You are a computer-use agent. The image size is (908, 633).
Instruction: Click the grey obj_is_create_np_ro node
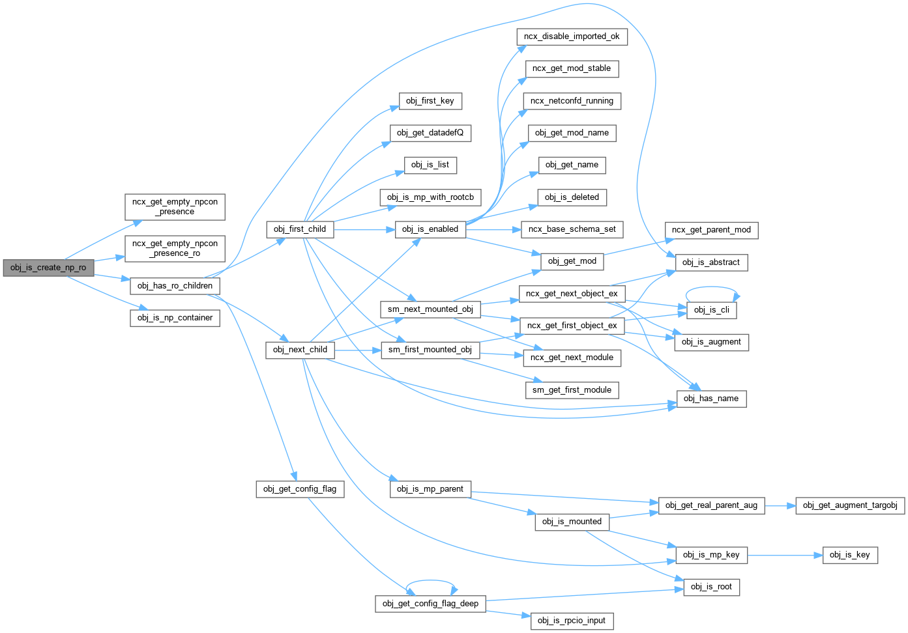point(48,268)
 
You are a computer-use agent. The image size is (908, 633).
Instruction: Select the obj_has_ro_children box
point(175,286)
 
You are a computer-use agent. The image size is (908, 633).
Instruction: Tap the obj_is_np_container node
point(175,318)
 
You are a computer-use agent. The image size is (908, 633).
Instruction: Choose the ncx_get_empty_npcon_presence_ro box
point(175,248)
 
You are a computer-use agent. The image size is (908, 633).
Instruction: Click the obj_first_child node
point(300,229)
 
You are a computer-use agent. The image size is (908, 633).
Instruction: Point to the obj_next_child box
point(300,350)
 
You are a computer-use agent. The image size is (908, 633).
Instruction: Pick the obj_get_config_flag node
point(300,489)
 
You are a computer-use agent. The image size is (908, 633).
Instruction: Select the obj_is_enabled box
point(430,229)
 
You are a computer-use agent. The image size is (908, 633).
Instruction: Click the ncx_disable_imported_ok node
point(572,36)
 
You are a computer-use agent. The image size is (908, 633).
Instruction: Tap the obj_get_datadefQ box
point(430,133)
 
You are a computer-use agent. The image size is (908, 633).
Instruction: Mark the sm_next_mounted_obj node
point(430,309)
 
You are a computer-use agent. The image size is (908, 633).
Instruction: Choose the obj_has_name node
point(710,399)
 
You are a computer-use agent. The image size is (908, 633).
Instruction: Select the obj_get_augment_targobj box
point(850,505)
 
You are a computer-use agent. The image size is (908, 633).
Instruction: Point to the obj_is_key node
point(850,555)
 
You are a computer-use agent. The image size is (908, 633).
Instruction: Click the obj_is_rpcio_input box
point(572,621)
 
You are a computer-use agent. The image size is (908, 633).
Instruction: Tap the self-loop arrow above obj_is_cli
point(711,287)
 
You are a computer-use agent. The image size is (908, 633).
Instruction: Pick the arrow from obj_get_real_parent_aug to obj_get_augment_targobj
point(780,505)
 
